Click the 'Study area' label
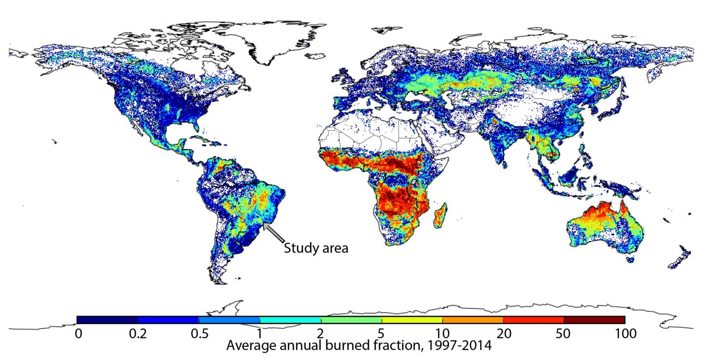coord(316,248)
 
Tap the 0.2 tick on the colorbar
coord(138,334)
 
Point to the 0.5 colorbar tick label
coord(199,334)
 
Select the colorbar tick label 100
coord(624,334)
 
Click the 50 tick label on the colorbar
coord(564,334)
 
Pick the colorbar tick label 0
coord(77,334)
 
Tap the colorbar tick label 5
coord(382,334)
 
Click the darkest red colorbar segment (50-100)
coord(594,320)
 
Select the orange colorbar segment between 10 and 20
coord(472,320)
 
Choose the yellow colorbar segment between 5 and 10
coord(412,320)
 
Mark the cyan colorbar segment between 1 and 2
coord(290,320)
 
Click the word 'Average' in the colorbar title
coord(251,346)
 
